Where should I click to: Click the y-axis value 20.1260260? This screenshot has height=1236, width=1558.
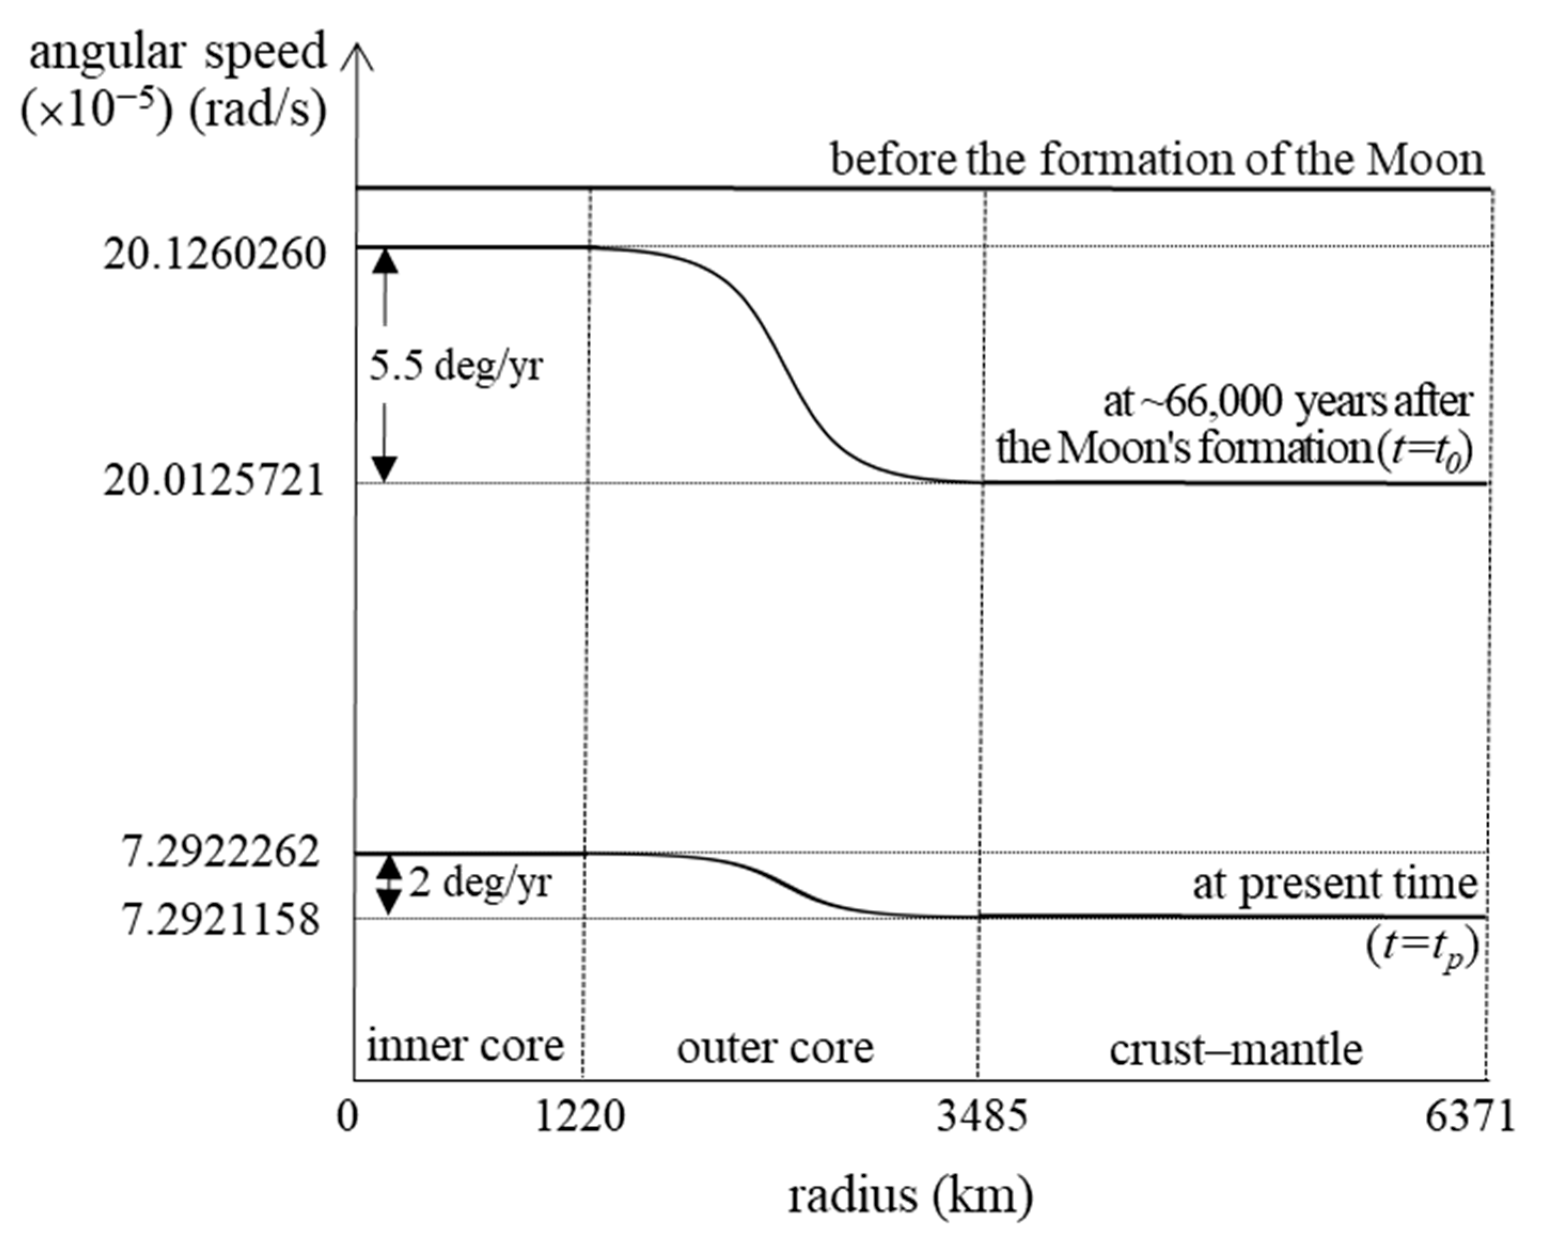[x=215, y=255]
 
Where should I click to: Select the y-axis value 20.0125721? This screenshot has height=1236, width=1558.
[x=215, y=481]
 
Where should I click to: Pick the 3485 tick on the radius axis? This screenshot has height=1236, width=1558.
[x=981, y=1117]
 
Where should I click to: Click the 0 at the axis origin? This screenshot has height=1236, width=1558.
[x=348, y=1117]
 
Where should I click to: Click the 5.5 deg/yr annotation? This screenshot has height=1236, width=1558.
[x=456, y=366]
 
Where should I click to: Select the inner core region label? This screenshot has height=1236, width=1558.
[x=465, y=1045]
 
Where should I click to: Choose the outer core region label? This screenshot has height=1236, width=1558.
[x=775, y=1048]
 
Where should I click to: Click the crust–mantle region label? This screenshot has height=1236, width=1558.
[x=1236, y=1049]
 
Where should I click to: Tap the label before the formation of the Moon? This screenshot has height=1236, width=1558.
[x=1156, y=159]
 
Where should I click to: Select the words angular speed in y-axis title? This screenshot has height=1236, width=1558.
[x=178, y=52]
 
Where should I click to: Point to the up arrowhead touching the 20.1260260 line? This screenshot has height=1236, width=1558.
[x=384, y=259]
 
